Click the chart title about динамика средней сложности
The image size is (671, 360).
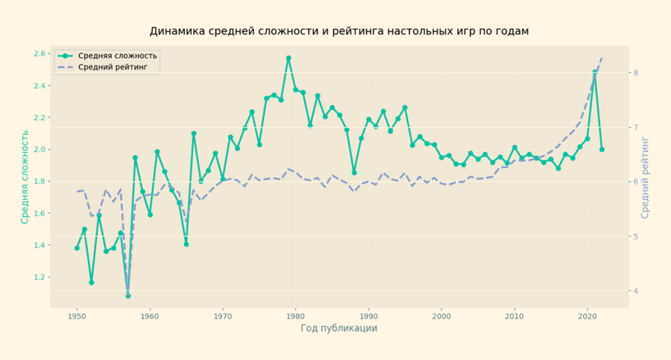[x=339, y=31]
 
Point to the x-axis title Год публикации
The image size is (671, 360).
[x=339, y=328]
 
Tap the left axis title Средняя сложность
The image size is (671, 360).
[x=25, y=177]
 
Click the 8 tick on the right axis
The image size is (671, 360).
[x=634, y=73]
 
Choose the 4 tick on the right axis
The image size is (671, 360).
[x=634, y=291]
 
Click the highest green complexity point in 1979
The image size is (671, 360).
[x=289, y=58]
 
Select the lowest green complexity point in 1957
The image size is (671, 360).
[x=127, y=296]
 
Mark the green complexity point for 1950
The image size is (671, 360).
[x=77, y=248]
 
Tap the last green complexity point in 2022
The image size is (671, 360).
[x=602, y=149]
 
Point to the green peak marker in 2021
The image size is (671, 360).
[x=595, y=72]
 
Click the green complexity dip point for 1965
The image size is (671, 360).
[x=186, y=244]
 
